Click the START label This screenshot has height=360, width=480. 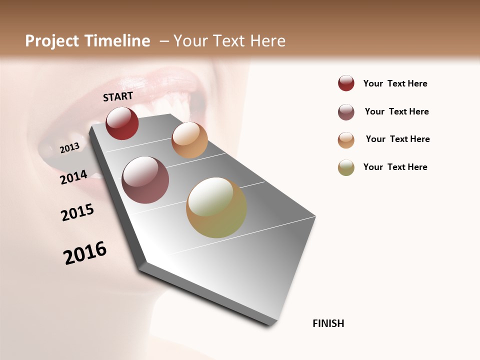pyautogui.click(x=118, y=96)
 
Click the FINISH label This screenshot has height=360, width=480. pyautogui.click(x=328, y=323)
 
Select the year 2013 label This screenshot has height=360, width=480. pyautogui.click(x=69, y=147)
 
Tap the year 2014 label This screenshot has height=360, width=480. pyautogui.click(x=73, y=177)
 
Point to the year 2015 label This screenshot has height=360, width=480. pyautogui.click(x=77, y=212)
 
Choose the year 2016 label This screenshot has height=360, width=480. pyautogui.click(x=85, y=253)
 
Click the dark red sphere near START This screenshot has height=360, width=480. pyautogui.click(x=122, y=123)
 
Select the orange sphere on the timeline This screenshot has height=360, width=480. pyautogui.click(x=189, y=140)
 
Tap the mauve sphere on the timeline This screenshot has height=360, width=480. pyautogui.click(x=145, y=180)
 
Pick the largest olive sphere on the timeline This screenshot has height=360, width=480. pyautogui.click(x=216, y=207)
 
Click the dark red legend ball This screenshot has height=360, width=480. pyautogui.click(x=346, y=83)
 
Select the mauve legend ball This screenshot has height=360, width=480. pyautogui.click(x=346, y=112)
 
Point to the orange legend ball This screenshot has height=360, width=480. pyautogui.click(x=346, y=140)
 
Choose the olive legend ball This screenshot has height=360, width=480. pyautogui.click(x=346, y=167)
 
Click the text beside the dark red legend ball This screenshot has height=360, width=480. pyautogui.click(x=395, y=83)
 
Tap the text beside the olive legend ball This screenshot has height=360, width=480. pyautogui.click(x=395, y=167)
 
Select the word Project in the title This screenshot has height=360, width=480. pyautogui.click(x=52, y=41)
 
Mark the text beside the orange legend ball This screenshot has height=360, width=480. pyautogui.click(x=397, y=139)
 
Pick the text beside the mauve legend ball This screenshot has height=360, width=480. pyautogui.click(x=396, y=111)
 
